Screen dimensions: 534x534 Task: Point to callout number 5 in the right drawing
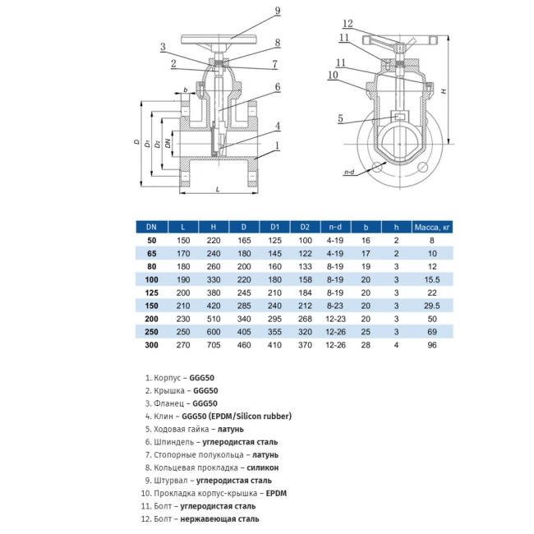pyautogui.click(x=339, y=117)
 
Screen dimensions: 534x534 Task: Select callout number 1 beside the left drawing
pyautogui.click(x=278, y=145)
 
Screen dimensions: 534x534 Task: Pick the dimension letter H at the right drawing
pyautogui.click(x=444, y=92)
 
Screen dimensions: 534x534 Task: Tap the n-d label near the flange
pyautogui.click(x=348, y=173)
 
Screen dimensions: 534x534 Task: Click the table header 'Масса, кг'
pyautogui.click(x=431, y=226)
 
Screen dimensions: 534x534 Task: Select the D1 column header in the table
pyautogui.click(x=275, y=226)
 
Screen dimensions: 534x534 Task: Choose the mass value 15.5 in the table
pyautogui.click(x=431, y=280)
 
